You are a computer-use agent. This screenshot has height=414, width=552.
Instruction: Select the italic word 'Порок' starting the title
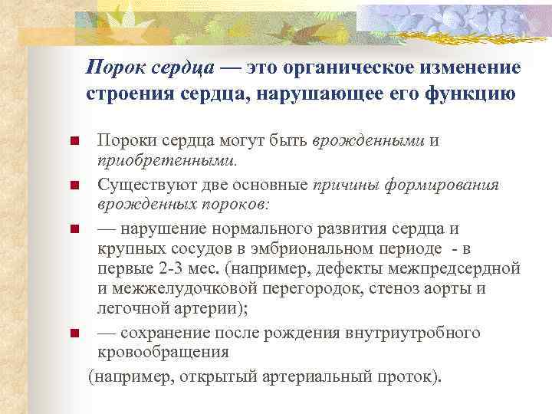pos(112,67)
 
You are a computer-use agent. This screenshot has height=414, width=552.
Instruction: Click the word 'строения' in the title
pos(125,95)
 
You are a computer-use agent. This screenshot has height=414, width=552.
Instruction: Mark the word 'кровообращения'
pos(163,353)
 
